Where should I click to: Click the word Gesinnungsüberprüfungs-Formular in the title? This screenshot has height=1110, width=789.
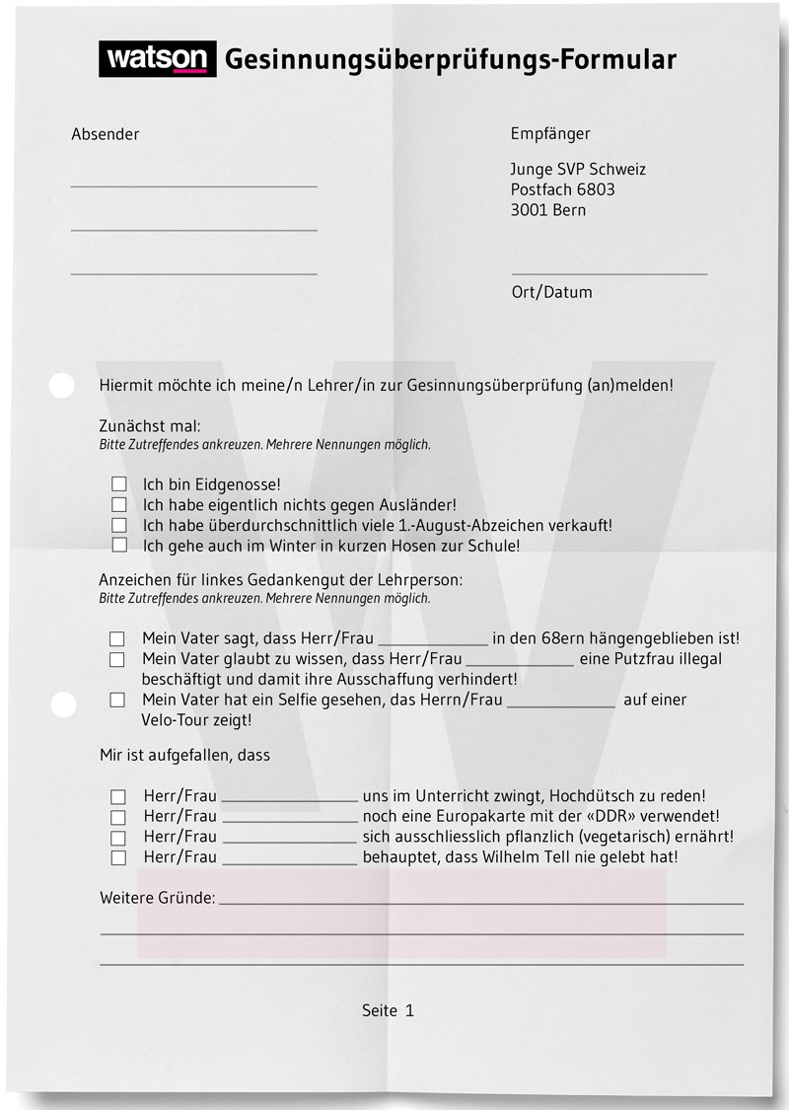(451, 60)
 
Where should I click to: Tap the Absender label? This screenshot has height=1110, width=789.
(106, 134)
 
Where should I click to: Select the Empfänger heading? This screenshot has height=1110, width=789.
(550, 133)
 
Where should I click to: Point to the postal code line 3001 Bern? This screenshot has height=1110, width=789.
(547, 210)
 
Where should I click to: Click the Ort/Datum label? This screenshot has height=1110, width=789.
(551, 292)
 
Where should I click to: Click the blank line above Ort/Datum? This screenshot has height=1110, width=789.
(609, 273)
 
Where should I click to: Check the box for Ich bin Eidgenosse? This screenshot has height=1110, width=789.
(119, 484)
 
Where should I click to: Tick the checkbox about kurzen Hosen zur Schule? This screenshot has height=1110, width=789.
(119, 545)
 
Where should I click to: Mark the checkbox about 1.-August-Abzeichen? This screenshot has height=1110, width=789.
(119, 525)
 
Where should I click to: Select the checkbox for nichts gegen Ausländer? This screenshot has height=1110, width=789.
(119, 504)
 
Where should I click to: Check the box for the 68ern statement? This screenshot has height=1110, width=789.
(117, 639)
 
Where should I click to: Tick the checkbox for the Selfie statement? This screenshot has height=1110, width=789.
(117, 700)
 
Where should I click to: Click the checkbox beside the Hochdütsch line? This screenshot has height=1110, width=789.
(118, 796)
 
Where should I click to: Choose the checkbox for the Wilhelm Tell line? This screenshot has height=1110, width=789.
(118, 857)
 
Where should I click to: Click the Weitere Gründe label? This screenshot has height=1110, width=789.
(157, 898)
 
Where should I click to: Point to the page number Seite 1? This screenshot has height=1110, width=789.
(388, 1010)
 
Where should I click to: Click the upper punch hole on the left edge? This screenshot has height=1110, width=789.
(61, 386)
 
